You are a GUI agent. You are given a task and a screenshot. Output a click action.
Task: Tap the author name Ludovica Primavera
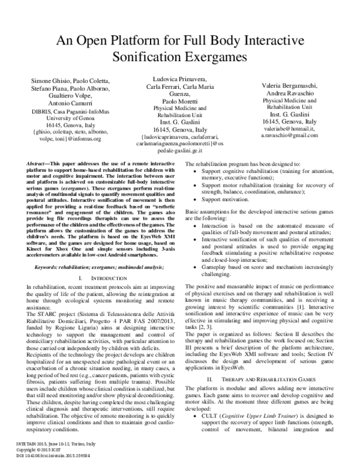180,80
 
